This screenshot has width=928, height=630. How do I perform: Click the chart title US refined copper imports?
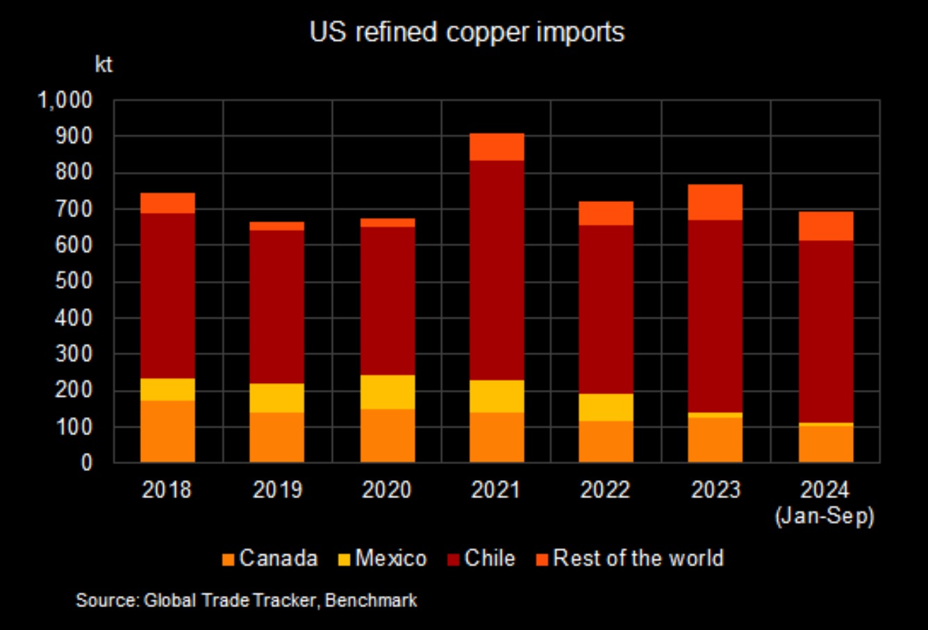[467, 32]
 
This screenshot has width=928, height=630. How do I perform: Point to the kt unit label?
[103, 65]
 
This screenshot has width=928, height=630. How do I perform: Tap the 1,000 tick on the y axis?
[65, 101]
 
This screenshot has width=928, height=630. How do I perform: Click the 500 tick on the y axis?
[73, 282]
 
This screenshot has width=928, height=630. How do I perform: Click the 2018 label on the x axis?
[167, 490]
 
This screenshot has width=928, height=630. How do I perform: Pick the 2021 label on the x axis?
[496, 490]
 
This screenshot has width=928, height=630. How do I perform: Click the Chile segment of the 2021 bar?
[497, 271]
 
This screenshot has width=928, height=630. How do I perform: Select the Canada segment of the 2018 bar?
[167, 431]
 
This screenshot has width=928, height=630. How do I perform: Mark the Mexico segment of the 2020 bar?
[387, 392]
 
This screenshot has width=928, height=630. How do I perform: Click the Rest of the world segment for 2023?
[715, 202]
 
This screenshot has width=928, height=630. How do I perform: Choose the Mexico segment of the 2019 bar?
[277, 398]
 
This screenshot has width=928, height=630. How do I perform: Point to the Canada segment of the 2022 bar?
[606, 441]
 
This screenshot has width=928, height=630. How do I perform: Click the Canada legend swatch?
[227, 559]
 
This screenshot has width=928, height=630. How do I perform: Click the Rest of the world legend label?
[638, 559]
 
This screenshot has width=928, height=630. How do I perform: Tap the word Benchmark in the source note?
[371, 600]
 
